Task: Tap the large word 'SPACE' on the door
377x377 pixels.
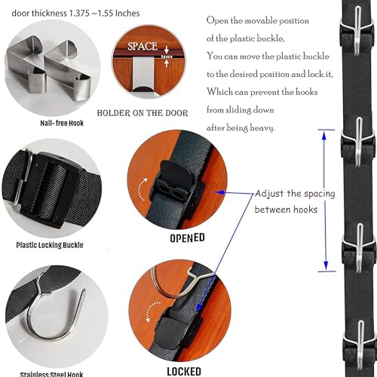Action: [142, 46]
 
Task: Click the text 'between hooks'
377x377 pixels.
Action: [289, 208]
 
